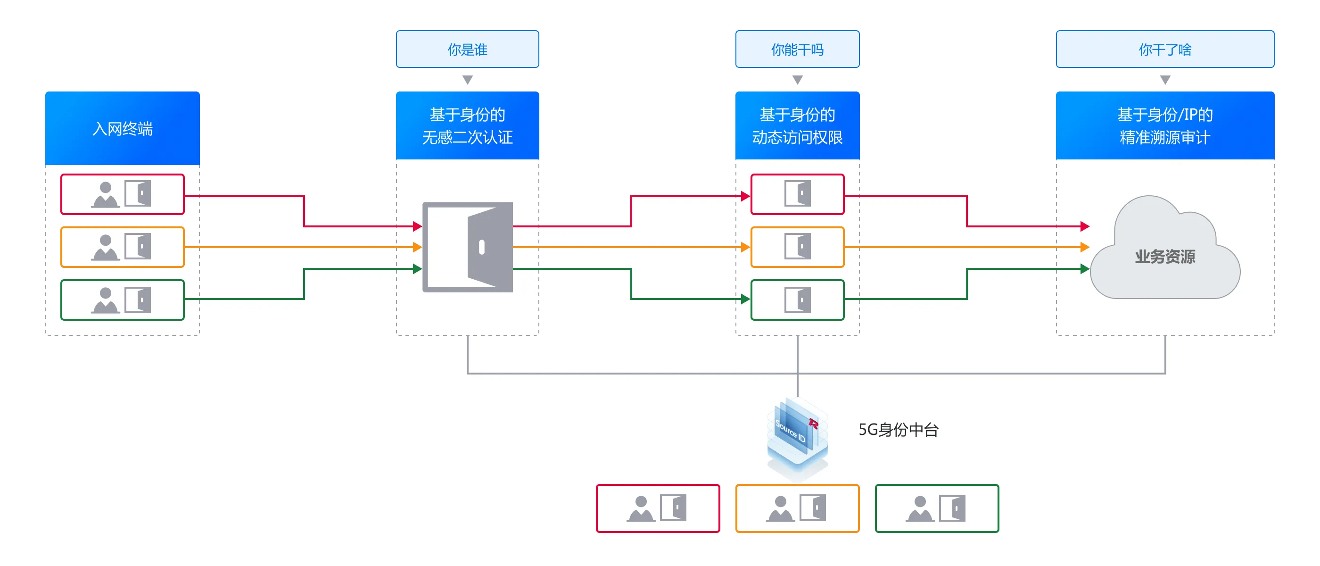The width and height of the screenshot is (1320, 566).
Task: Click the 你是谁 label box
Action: pos(467,49)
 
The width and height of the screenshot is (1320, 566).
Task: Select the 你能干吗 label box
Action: pos(797,49)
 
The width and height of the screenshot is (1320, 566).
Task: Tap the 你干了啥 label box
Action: pos(1165,49)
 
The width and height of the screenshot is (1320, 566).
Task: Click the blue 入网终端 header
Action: pos(123,128)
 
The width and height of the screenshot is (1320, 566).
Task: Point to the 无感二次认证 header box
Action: pos(467,125)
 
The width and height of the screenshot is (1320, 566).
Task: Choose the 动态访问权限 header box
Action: pos(797,125)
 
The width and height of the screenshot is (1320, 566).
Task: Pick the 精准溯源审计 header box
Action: pos(1165,125)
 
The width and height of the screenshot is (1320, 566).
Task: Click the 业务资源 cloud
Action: pos(1165,254)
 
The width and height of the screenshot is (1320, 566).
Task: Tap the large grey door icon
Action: pos(467,247)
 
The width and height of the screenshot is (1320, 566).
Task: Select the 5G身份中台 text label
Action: pos(898,430)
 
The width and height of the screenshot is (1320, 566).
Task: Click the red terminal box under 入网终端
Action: pos(123,194)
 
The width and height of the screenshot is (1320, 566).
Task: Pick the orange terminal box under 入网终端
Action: pos(123,247)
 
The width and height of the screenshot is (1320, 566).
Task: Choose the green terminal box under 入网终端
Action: pos(123,300)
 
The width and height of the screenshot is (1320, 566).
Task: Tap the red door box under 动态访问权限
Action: pos(797,194)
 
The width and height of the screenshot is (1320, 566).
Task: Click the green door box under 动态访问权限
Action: pos(797,300)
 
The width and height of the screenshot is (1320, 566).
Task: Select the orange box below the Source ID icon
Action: pos(797,508)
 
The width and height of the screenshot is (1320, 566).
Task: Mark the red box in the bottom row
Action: pos(658,508)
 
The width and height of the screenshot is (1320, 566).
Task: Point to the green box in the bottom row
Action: pos(937,508)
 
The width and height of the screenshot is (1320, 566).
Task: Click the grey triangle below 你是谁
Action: pos(467,79)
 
